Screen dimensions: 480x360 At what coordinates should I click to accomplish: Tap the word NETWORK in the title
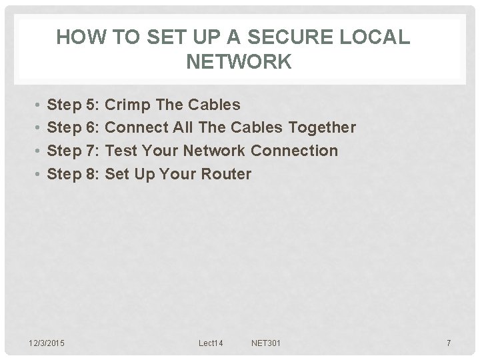tap(239, 62)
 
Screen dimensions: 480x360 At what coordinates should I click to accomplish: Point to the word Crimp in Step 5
tap(125, 105)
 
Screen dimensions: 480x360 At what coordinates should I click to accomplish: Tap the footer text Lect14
tap(211, 343)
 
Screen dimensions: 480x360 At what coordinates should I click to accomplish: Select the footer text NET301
tap(266, 343)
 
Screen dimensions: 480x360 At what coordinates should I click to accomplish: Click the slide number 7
tap(449, 343)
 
